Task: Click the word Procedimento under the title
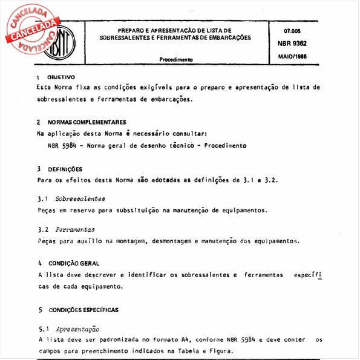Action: click(176, 61)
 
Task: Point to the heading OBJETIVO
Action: click(61, 77)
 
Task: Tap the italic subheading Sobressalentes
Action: click(79, 199)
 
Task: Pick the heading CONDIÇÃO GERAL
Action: click(74, 264)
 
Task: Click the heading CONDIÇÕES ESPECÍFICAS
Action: click(83, 310)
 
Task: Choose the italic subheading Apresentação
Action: click(77, 329)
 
